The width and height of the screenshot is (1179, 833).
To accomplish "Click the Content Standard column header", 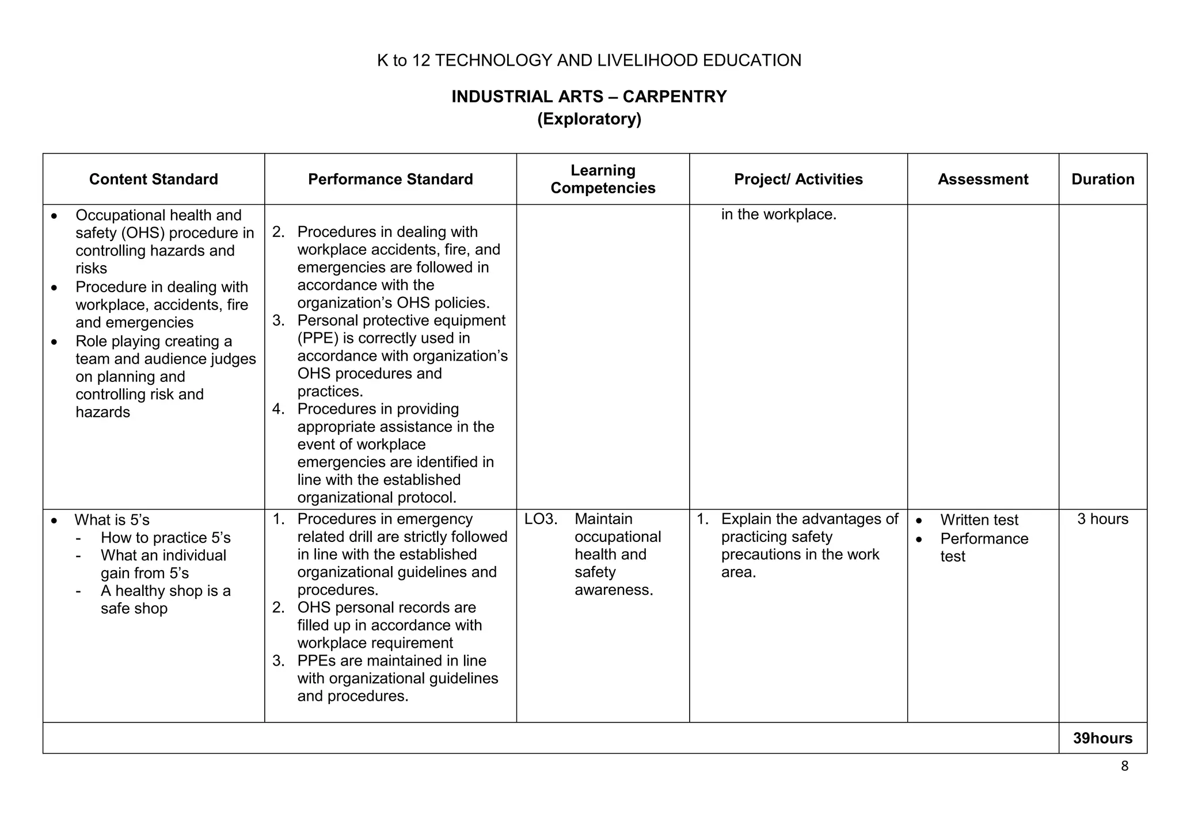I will [153, 179].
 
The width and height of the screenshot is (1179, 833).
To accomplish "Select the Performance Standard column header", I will [390, 179].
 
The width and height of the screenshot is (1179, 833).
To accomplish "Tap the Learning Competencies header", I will [603, 179].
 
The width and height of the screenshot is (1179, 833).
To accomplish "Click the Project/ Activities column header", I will [798, 179].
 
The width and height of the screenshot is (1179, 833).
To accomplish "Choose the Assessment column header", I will [983, 179].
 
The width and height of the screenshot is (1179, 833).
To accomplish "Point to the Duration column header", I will [1102, 179].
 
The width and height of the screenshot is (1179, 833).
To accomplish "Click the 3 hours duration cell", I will [1102, 519].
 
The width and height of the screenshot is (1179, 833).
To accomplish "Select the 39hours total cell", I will [1102, 738].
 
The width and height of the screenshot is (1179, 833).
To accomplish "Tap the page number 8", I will [1124, 766].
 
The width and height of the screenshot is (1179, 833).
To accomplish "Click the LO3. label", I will [541, 519].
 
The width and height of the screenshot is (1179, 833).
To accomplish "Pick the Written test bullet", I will [979, 520].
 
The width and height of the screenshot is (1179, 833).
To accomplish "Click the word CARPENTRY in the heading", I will [674, 97].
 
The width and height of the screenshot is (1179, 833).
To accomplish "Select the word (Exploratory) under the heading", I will [589, 119].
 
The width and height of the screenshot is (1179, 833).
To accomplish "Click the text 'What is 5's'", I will [112, 520].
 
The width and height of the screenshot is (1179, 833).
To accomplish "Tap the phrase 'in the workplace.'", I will [778, 215].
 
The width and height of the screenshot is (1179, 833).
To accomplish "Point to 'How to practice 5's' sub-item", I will [165, 538].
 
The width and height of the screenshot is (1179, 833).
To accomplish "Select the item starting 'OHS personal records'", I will [386, 607].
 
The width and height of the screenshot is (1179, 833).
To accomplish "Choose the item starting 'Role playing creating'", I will [154, 341].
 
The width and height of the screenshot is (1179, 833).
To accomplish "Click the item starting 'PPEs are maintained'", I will [391, 660].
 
